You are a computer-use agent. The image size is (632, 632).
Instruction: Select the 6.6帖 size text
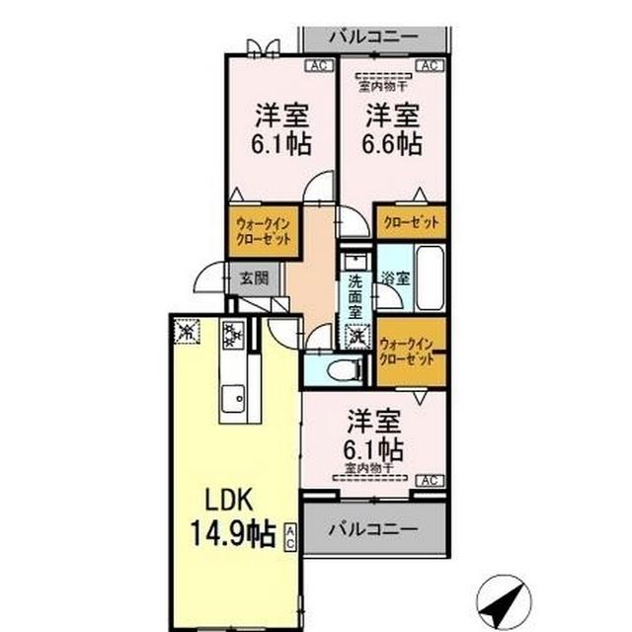(393, 144)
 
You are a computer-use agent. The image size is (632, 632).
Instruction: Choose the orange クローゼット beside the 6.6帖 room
(411, 221)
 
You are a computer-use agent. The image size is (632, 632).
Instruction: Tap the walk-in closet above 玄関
(262, 233)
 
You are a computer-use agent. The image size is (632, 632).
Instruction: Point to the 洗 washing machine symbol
(355, 337)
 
